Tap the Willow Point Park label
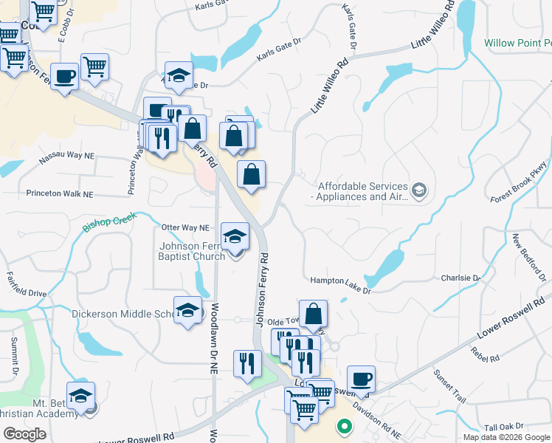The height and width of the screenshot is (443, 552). [x=517, y=44]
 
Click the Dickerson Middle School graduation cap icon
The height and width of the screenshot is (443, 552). [x=187, y=309]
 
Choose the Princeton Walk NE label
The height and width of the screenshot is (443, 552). [x=60, y=194]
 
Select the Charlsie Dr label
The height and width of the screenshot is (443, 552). [x=460, y=278]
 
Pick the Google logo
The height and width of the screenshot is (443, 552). [x=24, y=434]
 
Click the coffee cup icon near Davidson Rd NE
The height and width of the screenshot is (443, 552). [x=361, y=380]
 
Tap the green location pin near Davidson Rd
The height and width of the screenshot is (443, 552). [x=343, y=426]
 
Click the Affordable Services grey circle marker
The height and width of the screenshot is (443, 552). [x=419, y=191]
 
